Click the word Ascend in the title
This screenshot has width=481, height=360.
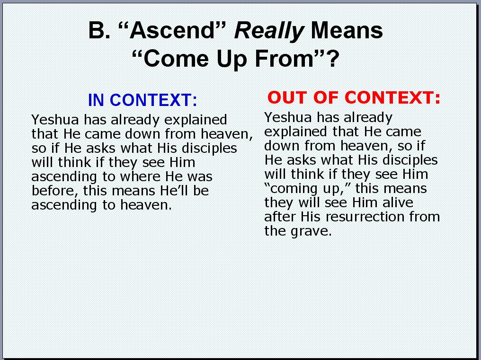172,30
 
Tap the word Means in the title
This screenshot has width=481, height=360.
347,30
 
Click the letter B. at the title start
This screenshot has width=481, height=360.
99,30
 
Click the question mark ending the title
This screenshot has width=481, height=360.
333,59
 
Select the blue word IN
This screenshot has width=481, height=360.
97,100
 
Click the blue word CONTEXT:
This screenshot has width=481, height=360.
153,100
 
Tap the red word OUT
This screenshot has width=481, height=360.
287,97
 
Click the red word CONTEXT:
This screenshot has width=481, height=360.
392,97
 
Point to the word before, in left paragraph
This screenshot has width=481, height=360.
53,191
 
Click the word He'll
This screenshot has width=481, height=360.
174,191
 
